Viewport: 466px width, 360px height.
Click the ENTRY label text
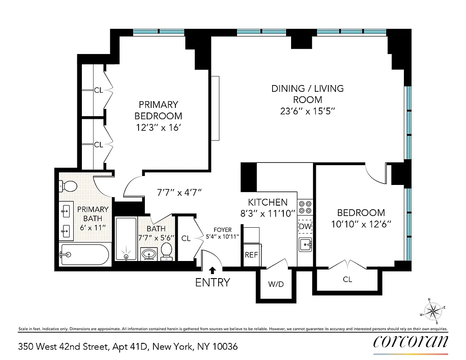(x=212, y=283)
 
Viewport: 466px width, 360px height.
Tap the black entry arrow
(x=212, y=270)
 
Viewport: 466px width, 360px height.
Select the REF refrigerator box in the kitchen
(x=251, y=255)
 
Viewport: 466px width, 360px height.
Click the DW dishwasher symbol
(x=305, y=227)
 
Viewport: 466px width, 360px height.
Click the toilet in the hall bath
(x=167, y=252)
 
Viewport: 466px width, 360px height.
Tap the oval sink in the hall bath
(x=148, y=254)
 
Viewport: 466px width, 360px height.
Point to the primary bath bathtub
(x=84, y=255)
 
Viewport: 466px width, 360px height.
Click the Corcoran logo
(x=411, y=342)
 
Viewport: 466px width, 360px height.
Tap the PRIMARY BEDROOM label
(x=158, y=110)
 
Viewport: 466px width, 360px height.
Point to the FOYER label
(x=223, y=230)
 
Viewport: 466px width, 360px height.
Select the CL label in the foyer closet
(x=186, y=238)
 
